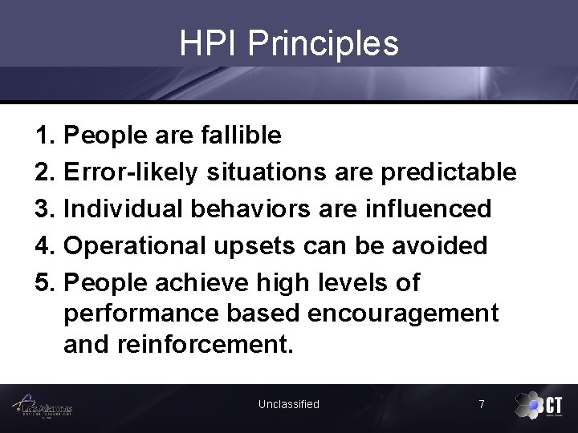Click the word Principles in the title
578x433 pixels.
[323, 43]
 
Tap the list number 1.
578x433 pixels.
[44, 136]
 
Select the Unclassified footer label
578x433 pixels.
[288, 404]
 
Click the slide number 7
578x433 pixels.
[481, 404]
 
